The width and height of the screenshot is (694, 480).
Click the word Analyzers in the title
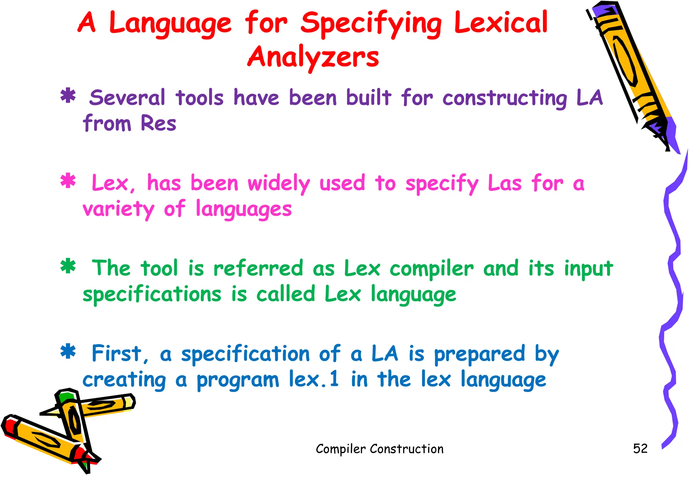tap(313, 57)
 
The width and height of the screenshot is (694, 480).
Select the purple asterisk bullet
tap(68, 96)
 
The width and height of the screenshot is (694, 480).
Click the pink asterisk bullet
tap(68, 181)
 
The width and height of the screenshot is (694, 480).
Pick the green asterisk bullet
tap(68, 266)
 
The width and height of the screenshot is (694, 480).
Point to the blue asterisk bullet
tap(68, 352)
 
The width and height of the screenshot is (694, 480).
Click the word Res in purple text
tap(158, 123)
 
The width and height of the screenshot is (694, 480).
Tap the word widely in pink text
tap(279, 183)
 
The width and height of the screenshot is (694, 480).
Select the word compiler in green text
tap(431, 269)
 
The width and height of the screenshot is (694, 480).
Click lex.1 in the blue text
tap(313, 379)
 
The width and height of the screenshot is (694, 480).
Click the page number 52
tap(640, 449)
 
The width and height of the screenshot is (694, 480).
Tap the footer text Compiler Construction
tap(380, 449)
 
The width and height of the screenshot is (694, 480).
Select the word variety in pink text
tap(118, 209)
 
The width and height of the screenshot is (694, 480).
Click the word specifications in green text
tap(152, 294)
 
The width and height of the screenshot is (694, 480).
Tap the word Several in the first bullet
tap(127, 98)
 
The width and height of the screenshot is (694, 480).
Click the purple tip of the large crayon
tap(673, 135)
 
